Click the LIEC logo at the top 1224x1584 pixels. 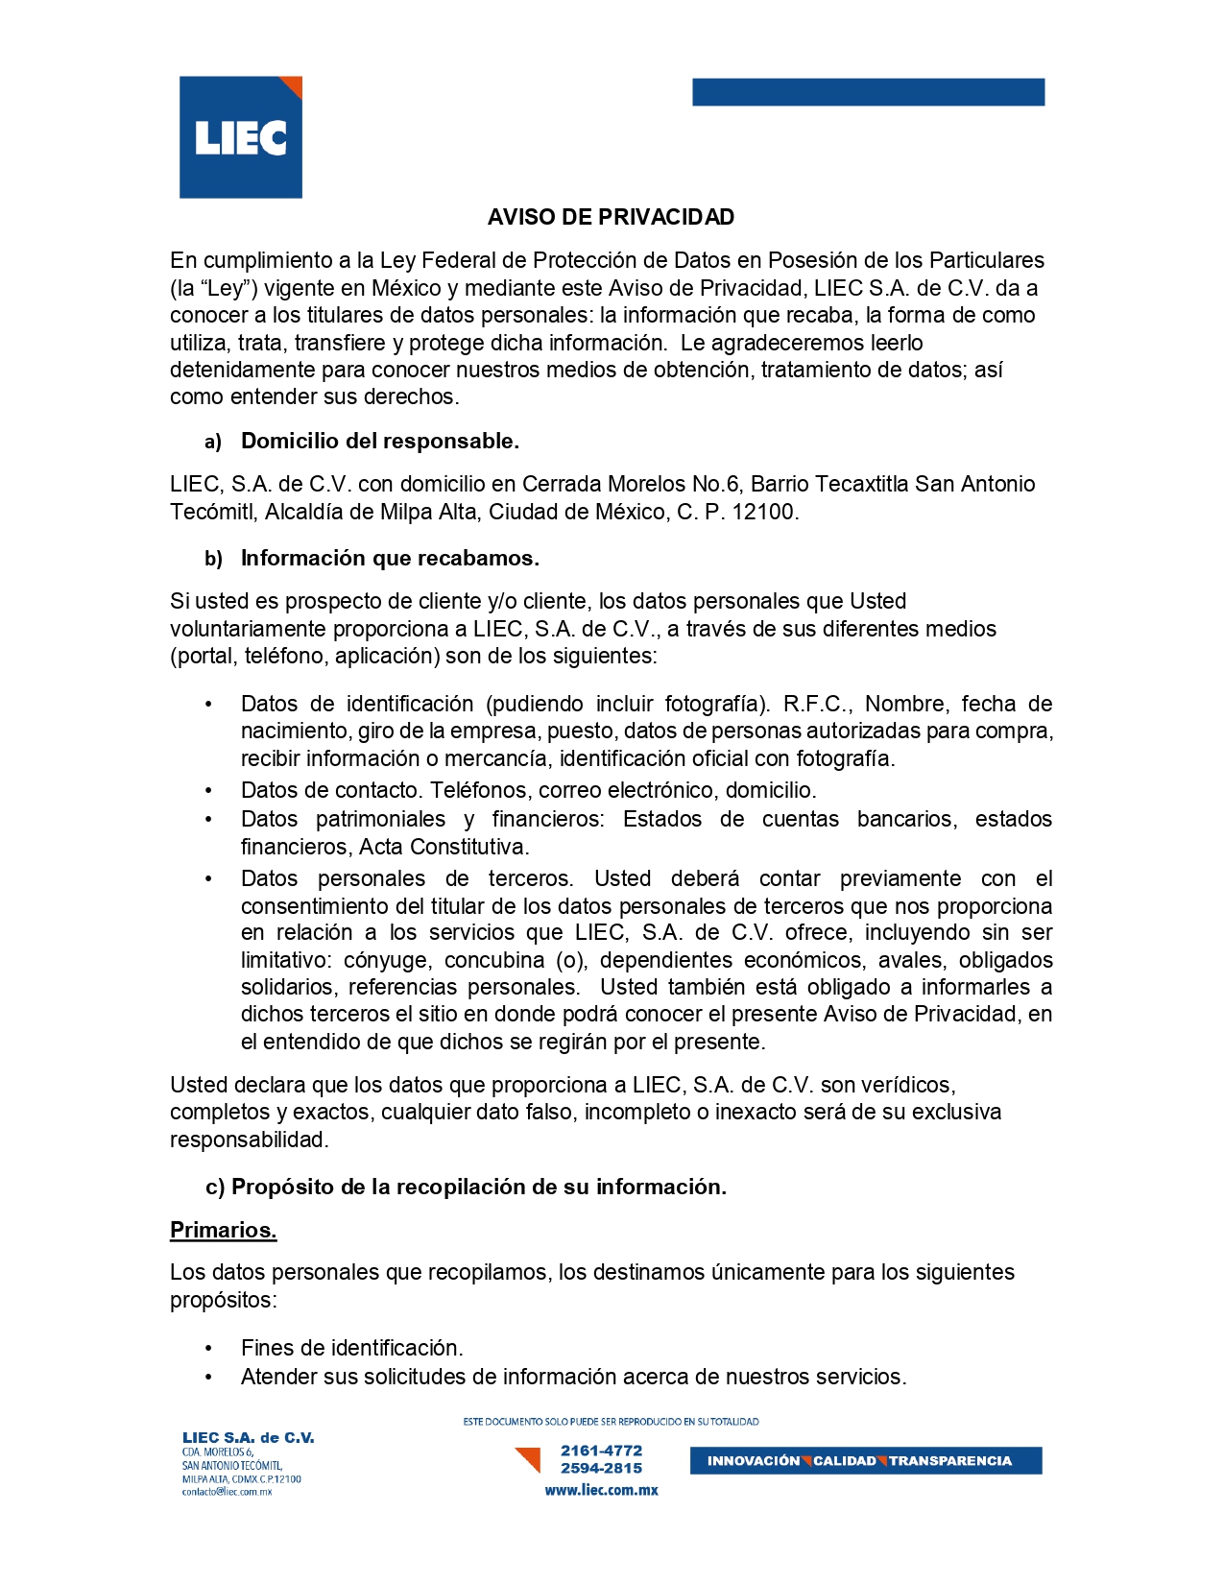pos(241,137)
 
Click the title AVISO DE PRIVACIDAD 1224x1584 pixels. pos(611,217)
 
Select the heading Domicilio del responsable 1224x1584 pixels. pos(379,441)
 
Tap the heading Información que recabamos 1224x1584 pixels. pos(390,558)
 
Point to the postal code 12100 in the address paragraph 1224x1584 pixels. pos(763,512)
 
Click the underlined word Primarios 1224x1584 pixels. pos(223,1230)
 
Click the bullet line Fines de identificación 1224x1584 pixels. pos(351,1347)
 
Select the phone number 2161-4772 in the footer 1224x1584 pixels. pos(601,1451)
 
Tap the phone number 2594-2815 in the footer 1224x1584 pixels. pos(601,1468)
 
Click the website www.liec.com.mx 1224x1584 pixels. pos(601,1490)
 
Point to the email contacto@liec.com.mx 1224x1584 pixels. pos(228,1492)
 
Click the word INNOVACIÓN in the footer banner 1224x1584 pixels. pos(753,1461)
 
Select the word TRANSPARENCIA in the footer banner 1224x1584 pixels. pos(949,1461)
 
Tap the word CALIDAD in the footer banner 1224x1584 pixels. pos(844,1461)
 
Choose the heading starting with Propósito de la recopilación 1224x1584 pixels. pos(478,1187)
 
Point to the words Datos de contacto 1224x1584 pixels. pos(330,790)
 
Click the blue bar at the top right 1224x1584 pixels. pos(868,92)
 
